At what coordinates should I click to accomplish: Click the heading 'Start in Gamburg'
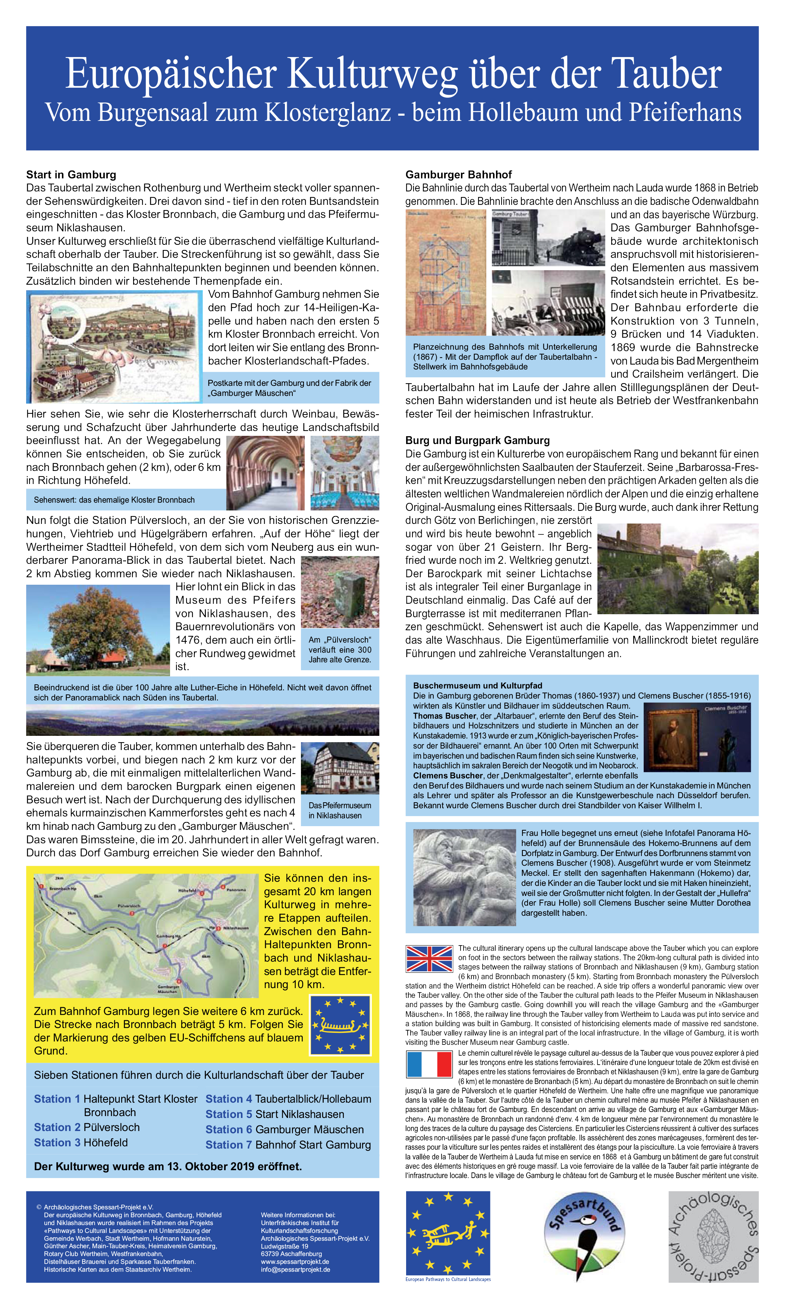71,175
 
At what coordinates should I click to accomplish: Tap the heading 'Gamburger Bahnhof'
458,175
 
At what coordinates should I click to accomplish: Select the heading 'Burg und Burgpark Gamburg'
477,440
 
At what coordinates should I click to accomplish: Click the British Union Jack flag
429,959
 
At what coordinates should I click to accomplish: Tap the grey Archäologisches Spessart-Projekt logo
713,1237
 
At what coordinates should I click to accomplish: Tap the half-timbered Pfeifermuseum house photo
340,768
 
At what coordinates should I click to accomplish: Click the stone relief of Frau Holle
464,877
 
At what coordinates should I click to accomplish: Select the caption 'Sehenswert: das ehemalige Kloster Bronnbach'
114,500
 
